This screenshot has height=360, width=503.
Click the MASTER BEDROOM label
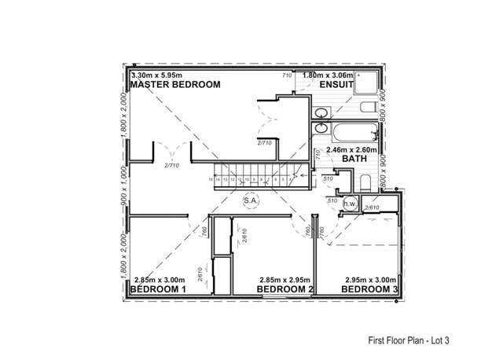tap(175, 84)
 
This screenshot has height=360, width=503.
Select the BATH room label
tap(354, 159)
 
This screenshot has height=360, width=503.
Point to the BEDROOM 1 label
tap(157, 289)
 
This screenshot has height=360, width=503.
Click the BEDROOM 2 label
tap(287, 289)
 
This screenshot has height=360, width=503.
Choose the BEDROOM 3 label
tap(369, 289)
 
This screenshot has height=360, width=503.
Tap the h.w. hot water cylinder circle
tap(350, 204)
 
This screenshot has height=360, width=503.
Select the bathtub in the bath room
tap(354, 130)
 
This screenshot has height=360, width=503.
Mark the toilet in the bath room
tap(365, 184)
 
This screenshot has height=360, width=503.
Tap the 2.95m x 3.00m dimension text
tap(369, 280)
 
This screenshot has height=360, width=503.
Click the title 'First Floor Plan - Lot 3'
tap(413, 341)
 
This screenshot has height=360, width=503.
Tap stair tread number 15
tap(211, 180)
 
